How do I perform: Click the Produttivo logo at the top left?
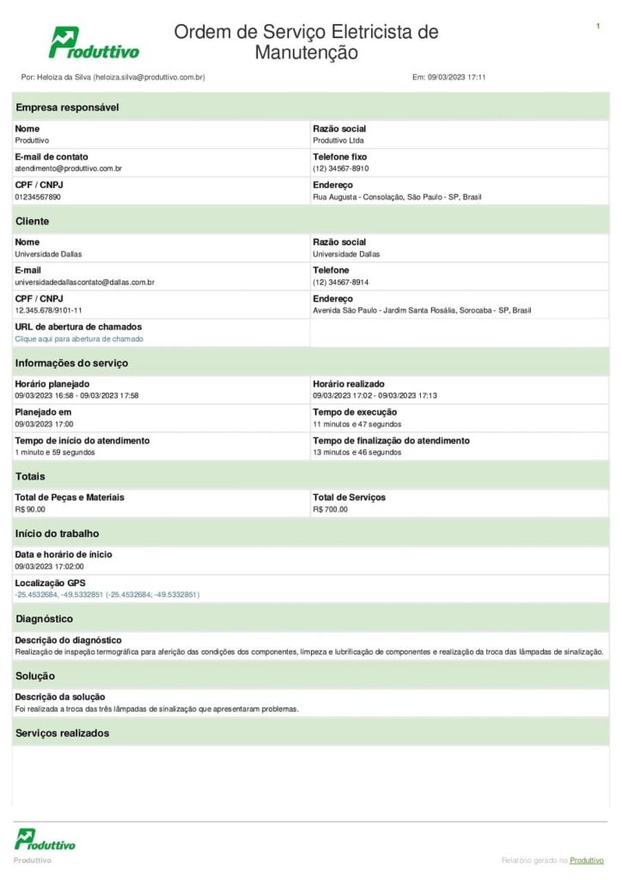(94, 43)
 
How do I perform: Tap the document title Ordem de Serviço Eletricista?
(306, 42)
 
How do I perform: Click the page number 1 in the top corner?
(597, 27)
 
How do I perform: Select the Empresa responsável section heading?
(67, 107)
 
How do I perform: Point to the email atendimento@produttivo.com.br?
(68, 169)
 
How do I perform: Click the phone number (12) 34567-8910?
(340, 169)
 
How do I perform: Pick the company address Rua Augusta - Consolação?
(397, 198)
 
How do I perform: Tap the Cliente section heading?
(32, 222)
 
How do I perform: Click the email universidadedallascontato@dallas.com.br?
(84, 283)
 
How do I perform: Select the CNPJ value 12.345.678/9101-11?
(48, 310)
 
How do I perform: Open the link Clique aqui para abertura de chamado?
(79, 339)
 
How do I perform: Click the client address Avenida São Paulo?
(422, 310)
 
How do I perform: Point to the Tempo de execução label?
(355, 412)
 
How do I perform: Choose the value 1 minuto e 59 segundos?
(55, 452)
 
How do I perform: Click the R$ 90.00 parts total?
(30, 510)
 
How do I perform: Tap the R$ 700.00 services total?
(330, 510)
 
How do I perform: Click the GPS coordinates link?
(107, 595)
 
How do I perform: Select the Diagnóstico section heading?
(44, 619)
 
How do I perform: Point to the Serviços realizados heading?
(62, 733)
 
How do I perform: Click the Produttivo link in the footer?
(586, 860)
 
